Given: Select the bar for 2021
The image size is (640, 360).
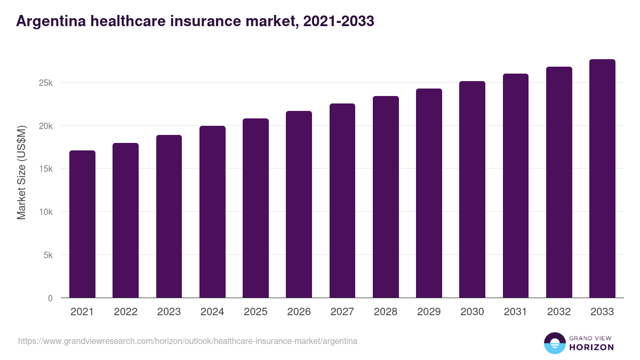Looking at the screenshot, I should tap(82, 224).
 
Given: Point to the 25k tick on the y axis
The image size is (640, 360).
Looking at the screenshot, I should tap(45, 83).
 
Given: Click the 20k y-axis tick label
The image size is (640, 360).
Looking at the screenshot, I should tap(45, 126).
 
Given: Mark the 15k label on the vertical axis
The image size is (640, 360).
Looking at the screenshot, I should tap(45, 169).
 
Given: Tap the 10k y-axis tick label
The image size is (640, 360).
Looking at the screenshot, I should tap(45, 212).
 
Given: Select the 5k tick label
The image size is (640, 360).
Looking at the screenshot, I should tap(47, 255).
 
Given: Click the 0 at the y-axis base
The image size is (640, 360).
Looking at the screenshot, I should tap(50, 298).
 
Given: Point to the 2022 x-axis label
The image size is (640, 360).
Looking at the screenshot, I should tap(125, 312).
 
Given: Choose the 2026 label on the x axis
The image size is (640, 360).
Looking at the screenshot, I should tap(299, 312).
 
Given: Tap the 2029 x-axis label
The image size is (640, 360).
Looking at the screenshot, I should tap(429, 312).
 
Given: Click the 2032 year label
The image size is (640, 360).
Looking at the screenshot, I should tap(559, 312).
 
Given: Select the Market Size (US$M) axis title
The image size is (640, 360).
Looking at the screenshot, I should tap(21, 172).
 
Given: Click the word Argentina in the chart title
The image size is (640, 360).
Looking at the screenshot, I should tap(52, 21).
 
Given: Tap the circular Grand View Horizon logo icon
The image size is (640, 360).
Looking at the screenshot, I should tap(555, 343).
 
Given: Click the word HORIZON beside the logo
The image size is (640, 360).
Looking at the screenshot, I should tap(591, 347).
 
